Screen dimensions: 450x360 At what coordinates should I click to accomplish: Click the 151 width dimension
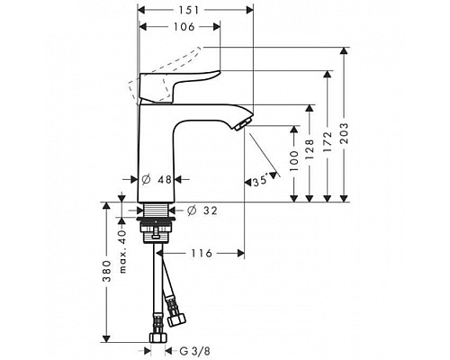189,11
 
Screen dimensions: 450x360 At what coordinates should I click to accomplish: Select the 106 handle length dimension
184,27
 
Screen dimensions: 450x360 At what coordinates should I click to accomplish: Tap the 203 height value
345,133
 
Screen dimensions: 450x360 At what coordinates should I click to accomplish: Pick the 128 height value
310,149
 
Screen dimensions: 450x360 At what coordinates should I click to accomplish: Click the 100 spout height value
294,161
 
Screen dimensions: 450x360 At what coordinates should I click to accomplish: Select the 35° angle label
260,182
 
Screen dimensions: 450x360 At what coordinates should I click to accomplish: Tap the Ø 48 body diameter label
157,180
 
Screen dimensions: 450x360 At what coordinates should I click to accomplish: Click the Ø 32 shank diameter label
202,211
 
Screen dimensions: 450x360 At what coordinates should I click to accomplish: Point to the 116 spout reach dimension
202,254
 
